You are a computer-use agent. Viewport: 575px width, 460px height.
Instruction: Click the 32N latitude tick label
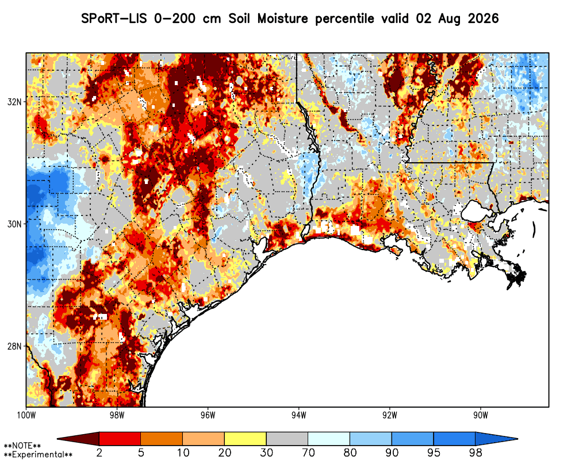pyautogui.click(x=14, y=102)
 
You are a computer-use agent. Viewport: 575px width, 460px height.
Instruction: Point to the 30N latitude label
pyautogui.click(x=14, y=224)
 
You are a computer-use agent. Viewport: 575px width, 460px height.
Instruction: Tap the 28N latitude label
pyautogui.click(x=14, y=346)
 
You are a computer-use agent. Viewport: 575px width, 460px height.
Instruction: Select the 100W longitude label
pyautogui.click(x=26, y=415)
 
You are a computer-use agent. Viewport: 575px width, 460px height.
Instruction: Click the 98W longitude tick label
pyautogui.click(x=117, y=415)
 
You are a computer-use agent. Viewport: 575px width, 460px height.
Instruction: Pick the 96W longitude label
pyautogui.click(x=208, y=415)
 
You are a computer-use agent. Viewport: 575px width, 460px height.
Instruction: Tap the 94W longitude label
pyautogui.click(x=299, y=415)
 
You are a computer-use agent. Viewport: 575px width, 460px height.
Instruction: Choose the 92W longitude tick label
pyautogui.click(x=390, y=415)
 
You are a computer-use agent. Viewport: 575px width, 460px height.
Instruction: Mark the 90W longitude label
pyautogui.click(x=481, y=415)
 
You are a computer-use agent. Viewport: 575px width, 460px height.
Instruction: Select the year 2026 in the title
pyautogui.click(x=484, y=18)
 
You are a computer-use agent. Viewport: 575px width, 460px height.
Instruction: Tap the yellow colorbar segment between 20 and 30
pyautogui.click(x=246, y=439)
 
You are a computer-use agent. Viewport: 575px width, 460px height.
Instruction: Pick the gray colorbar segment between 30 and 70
pyautogui.click(x=287, y=439)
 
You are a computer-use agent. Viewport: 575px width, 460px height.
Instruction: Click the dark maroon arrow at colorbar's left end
pyautogui.click(x=78, y=439)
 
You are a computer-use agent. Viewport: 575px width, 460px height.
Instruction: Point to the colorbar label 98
pyautogui.click(x=476, y=453)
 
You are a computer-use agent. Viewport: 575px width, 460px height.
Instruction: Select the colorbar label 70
pyautogui.click(x=308, y=453)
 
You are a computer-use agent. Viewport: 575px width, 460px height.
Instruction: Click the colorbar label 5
pyautogui.click(x=141, y=453)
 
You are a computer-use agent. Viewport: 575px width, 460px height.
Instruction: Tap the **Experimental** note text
pyautogui.click(x=38, y=454)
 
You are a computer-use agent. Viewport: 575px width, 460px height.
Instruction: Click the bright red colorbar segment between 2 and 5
pyautogui.click(x=120, y=439)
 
